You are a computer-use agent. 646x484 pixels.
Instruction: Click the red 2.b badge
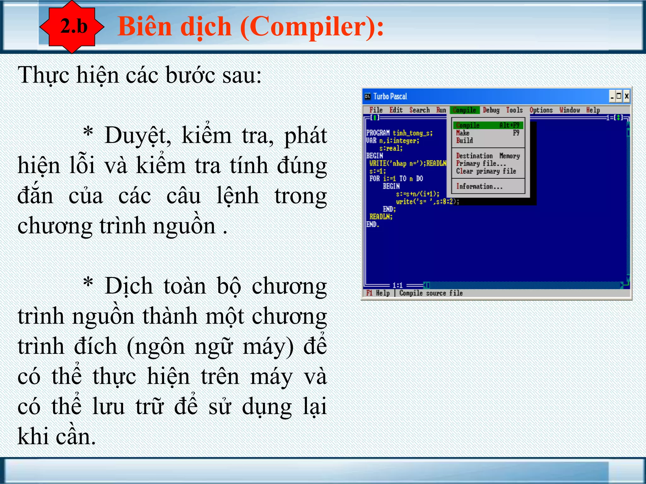click(73, 26)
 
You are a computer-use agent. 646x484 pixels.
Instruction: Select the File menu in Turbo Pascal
click(376, 110)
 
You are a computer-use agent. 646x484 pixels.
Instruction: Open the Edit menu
click(396, 110)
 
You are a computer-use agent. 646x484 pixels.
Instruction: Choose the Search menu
click(420, 110)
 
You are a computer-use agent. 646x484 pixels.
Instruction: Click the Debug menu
click(491, 110)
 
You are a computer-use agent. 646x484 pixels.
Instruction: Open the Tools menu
click(514, 110)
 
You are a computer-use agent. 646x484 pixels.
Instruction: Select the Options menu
click(541, 110)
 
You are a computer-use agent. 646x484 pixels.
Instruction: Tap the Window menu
click(570, 110)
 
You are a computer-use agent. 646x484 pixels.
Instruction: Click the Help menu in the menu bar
click(593, 110)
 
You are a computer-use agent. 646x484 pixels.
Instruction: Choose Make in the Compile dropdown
click(463, 133)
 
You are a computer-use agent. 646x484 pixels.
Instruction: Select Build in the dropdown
click(464, 141)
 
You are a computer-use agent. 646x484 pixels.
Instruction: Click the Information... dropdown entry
click(479, 187)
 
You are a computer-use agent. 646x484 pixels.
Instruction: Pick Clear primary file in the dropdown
click(486, 171)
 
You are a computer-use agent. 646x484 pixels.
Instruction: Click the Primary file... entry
click(481, 164)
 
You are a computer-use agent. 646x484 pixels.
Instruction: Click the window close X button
click(626, 96)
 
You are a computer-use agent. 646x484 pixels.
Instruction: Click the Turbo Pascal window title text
click(390, 96)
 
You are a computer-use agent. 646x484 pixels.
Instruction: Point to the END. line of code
click(373, 224)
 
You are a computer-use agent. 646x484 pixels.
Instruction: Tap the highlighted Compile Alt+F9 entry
click(488, 125)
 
